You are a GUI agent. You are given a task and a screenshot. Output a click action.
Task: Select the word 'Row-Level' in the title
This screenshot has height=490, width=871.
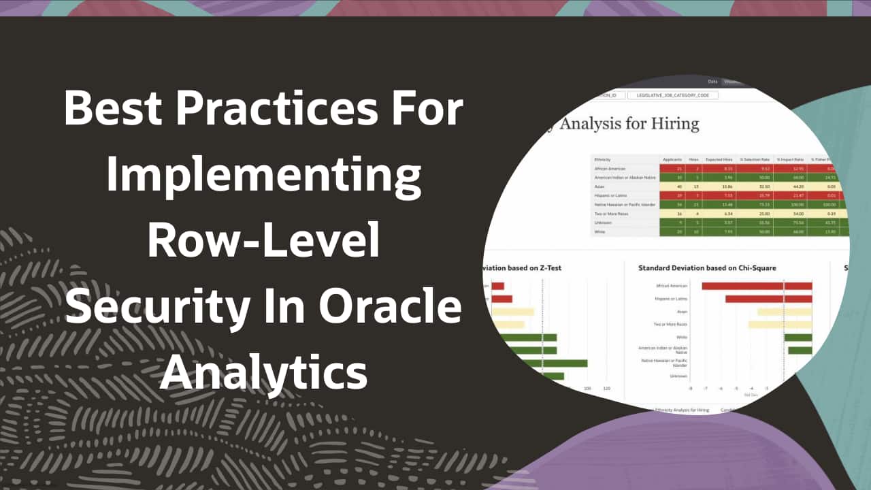pos(264,241)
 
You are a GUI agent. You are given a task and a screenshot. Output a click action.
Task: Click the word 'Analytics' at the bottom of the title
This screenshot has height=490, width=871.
pos(264,372)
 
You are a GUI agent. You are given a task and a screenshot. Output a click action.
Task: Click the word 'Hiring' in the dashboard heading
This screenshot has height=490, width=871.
pos(674,124)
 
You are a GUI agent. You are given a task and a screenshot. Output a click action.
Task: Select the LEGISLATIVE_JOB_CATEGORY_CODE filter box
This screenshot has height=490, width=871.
pos(672,95)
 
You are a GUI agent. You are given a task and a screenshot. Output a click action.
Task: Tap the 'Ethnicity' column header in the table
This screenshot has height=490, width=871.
pos(603,159)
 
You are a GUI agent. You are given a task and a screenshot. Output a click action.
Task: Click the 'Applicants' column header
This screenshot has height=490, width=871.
pos(672,159)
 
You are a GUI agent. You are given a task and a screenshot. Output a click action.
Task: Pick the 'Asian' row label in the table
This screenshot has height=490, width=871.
pos(599,186)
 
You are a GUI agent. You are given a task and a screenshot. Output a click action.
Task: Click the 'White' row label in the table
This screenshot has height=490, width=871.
pos(600,231)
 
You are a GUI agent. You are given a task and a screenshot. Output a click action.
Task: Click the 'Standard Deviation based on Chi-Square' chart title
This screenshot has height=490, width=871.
pos(707,268)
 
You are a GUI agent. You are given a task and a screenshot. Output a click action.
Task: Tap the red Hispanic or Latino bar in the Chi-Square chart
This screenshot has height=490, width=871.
pos(768,299)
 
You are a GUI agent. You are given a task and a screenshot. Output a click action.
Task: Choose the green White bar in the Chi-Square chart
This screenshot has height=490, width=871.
pos(798,338)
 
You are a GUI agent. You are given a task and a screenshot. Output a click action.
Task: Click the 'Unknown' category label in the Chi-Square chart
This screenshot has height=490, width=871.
pos(678,376)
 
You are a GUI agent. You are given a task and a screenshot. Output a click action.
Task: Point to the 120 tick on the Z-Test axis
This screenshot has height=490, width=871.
pos(607,389)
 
